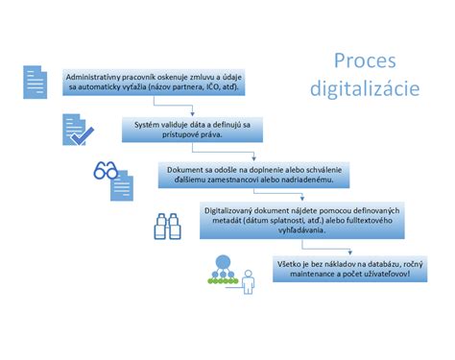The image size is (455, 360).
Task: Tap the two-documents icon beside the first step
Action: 35,83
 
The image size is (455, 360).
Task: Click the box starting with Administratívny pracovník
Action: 154,82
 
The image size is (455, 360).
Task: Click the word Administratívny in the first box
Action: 95,75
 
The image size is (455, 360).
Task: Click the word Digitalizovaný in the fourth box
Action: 235,214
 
